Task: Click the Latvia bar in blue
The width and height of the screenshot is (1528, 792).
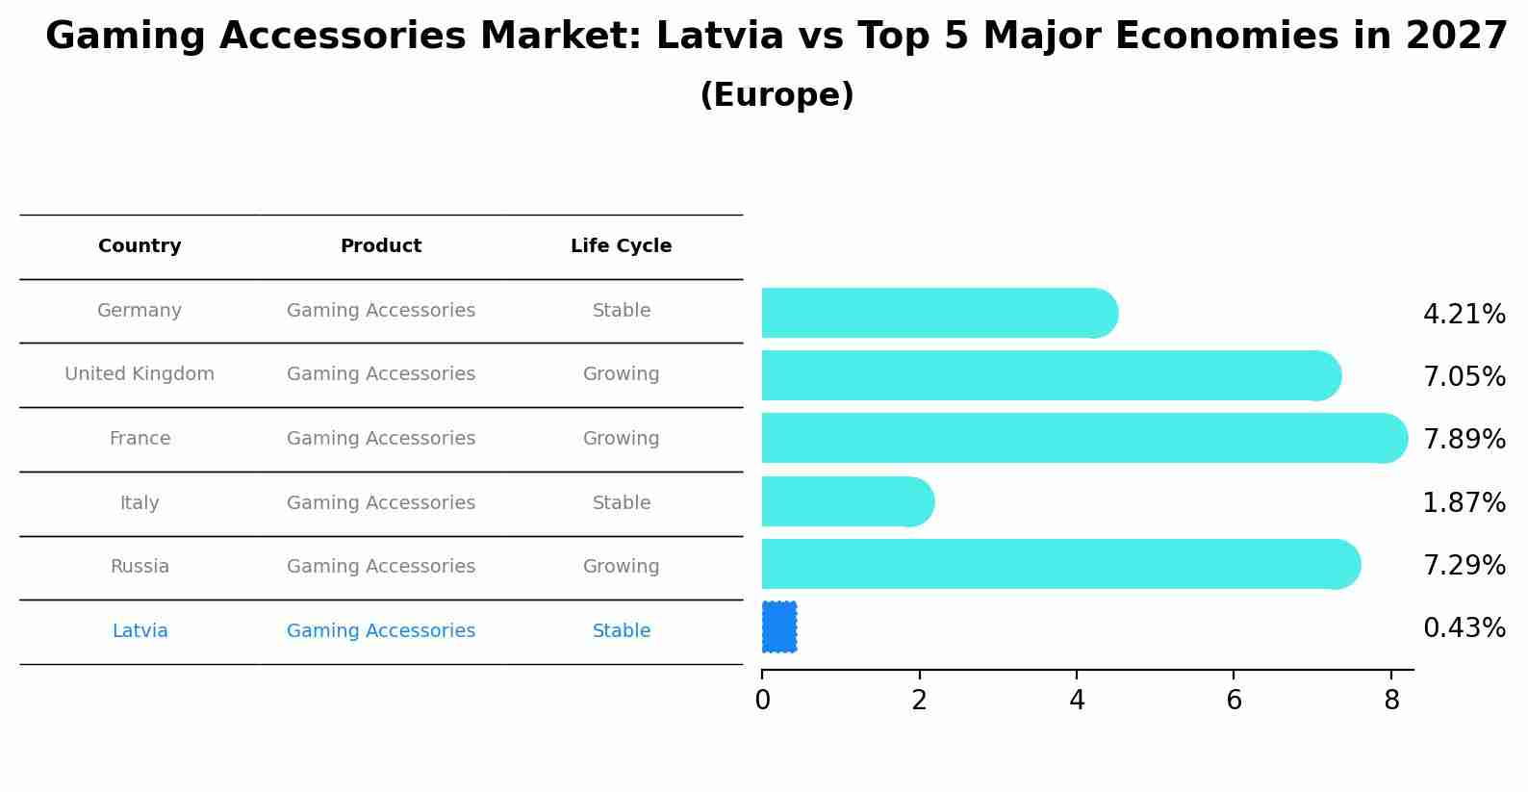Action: point(779,626)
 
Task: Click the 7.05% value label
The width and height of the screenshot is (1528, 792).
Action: point(1464,376)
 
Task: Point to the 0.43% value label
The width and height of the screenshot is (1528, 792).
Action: point(1464,628)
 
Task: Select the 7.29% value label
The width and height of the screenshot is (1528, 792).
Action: point(1464,565)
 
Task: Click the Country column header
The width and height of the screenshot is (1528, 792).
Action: point(140,246)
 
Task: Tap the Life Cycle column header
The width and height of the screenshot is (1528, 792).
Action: point(621,246)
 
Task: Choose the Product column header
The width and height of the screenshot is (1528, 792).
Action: point(381,246)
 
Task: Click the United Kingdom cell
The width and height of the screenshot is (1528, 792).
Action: point(140,374)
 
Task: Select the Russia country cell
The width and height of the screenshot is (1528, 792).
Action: point(140,567)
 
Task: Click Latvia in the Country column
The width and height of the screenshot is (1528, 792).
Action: point(140,631)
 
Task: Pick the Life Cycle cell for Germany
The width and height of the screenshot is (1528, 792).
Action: point(622,311)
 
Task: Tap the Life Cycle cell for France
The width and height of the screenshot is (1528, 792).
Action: point(622,439)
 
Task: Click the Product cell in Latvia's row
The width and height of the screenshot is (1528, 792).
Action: point(381,631)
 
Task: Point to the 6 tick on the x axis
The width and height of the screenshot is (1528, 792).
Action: point(1234,701)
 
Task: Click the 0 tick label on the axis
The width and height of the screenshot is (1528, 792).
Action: point(762,701)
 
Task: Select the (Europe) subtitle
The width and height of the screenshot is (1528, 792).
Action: point(777,95)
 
